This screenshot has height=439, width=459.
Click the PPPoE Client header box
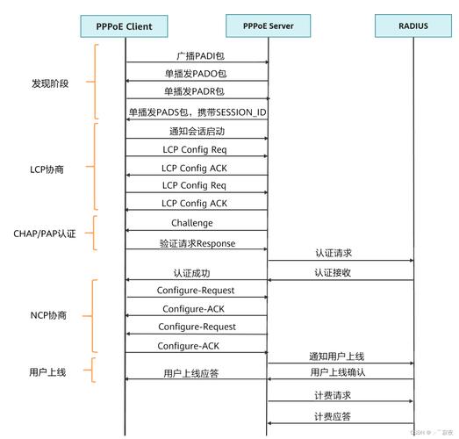(x=126, y=26)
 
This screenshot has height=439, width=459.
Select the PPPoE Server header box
(x=268, y=26)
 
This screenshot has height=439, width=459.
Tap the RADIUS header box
(x=412, y=26)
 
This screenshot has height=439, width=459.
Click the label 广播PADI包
(x=194, y=55)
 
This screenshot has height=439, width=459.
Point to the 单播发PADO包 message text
(x=194, y=74)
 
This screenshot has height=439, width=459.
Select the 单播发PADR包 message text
(x=194, y=91)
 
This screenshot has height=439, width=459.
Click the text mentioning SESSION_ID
(x=197, y=112)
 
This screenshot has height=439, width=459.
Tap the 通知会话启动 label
(x=197, y=131)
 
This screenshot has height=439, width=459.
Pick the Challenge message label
(x=192, y=223)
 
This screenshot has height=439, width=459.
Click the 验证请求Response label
(x=197, y=243)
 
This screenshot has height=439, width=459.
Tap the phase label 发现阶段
(x=50, y=83)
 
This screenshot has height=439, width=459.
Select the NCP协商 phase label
(x=48, y=314)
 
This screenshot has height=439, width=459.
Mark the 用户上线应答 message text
(x=191, y=373)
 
